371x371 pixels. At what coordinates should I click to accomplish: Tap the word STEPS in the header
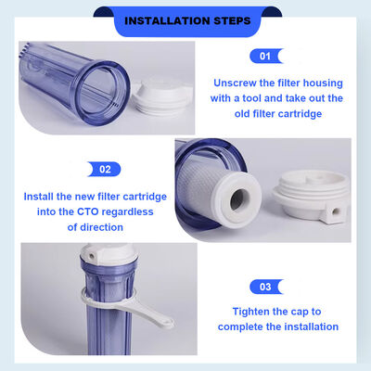pyautogui.click(x=226, y=19)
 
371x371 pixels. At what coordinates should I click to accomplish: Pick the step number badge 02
pyautogui.click(x=104, y=169)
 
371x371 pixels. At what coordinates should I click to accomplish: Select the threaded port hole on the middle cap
pyautogui.click(x=332, y=212)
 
